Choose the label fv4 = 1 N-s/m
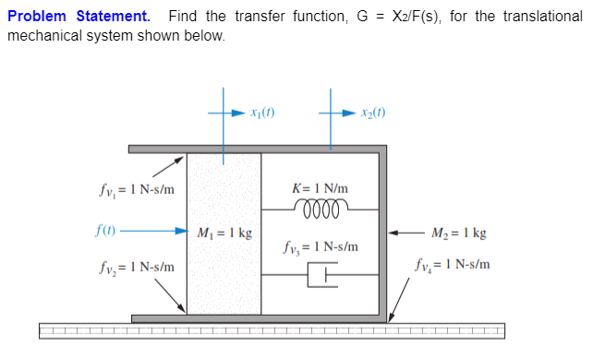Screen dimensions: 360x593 click(x=451, y=266)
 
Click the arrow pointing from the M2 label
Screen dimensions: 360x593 click(x=405, y=232)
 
